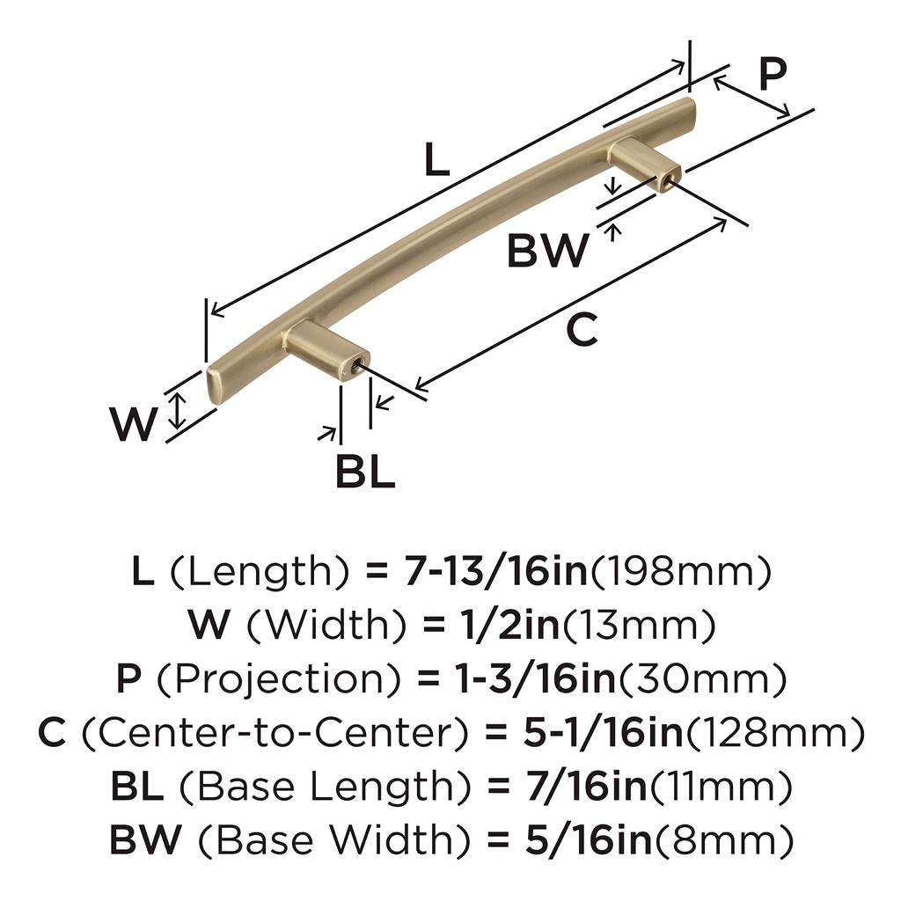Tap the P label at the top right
click(x=771, y=76)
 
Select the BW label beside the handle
click(x=547, y=252)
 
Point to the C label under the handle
click(x=581, y=330)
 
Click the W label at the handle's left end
click(x=134, y=425)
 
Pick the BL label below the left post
click(x=364, y=472)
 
